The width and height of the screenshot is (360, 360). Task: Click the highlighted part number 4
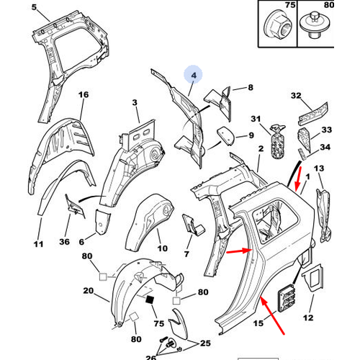194,76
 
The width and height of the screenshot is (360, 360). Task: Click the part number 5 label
35,7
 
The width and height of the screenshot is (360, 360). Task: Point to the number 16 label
84,95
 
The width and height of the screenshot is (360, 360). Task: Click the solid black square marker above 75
150,300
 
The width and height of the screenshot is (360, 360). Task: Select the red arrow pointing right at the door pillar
240,251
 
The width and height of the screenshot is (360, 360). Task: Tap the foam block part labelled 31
278,142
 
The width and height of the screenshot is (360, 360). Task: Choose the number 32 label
296,96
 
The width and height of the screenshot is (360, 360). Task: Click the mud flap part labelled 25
179,324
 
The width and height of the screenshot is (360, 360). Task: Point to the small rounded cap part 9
226,135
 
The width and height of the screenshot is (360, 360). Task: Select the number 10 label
162,248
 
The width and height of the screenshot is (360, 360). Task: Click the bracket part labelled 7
193,225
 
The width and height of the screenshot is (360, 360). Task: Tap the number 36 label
64,242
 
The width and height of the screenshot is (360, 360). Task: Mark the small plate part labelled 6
103,222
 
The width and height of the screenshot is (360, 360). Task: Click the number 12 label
308,318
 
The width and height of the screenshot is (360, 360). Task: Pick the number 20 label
89,291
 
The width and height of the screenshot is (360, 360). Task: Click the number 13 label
319,168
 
